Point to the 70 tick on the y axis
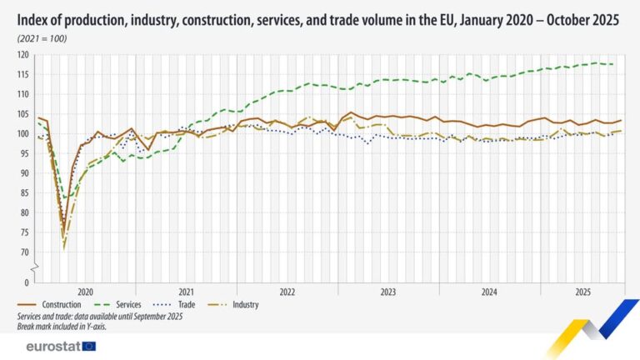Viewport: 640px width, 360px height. click(x=24, y=252)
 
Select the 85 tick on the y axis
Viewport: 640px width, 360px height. click(x=24, y=192)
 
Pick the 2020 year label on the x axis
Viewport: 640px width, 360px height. click(x=85, y=292)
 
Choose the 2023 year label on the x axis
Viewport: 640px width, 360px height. click(x=388, y=292)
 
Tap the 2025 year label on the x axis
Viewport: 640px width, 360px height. click(x=582, y=292)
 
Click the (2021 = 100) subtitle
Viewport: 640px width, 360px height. click(x=42, y=38)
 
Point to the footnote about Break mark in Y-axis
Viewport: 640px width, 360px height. click(x=62, y=326)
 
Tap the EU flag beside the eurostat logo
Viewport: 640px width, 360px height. click(x=89, y=346)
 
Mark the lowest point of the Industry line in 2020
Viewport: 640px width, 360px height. click(x=63, y=247)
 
